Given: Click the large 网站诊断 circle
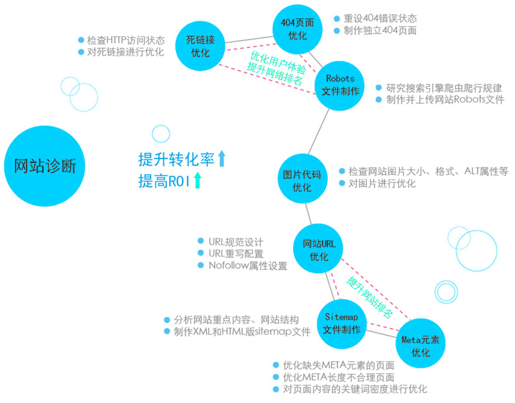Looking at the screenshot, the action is [x=45, y=166].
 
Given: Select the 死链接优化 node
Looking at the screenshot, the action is [x=200, y=46].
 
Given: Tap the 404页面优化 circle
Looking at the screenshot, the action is [x=297, y=29].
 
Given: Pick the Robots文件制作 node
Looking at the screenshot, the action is [x=340, y=86].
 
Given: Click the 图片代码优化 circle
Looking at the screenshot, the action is [x=302, y=178].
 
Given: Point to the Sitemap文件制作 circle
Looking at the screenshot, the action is [x=341, y=324].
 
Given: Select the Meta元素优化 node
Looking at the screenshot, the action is [x=420, y=344].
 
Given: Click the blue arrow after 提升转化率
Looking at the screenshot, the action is [x=222, y=158].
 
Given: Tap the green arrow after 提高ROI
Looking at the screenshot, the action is [x=197, y=180].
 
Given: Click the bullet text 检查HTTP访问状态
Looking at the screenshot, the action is [x=126, y=40].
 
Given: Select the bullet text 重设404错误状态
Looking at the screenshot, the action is [x=380, y=18].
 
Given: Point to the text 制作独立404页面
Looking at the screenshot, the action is [x=380, y=30].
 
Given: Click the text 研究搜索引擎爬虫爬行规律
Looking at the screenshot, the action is [x=444, y=87].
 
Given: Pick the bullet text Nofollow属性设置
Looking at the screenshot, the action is [x=248, y=265].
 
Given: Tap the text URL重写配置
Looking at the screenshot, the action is [x=236, y=253].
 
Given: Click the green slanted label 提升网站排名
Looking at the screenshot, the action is [x=369, y=297].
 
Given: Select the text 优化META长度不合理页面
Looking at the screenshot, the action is [x=339, y=377].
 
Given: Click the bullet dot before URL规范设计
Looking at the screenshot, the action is [x=200, y=241].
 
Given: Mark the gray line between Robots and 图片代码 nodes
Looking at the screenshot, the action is [x=319, y=131].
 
